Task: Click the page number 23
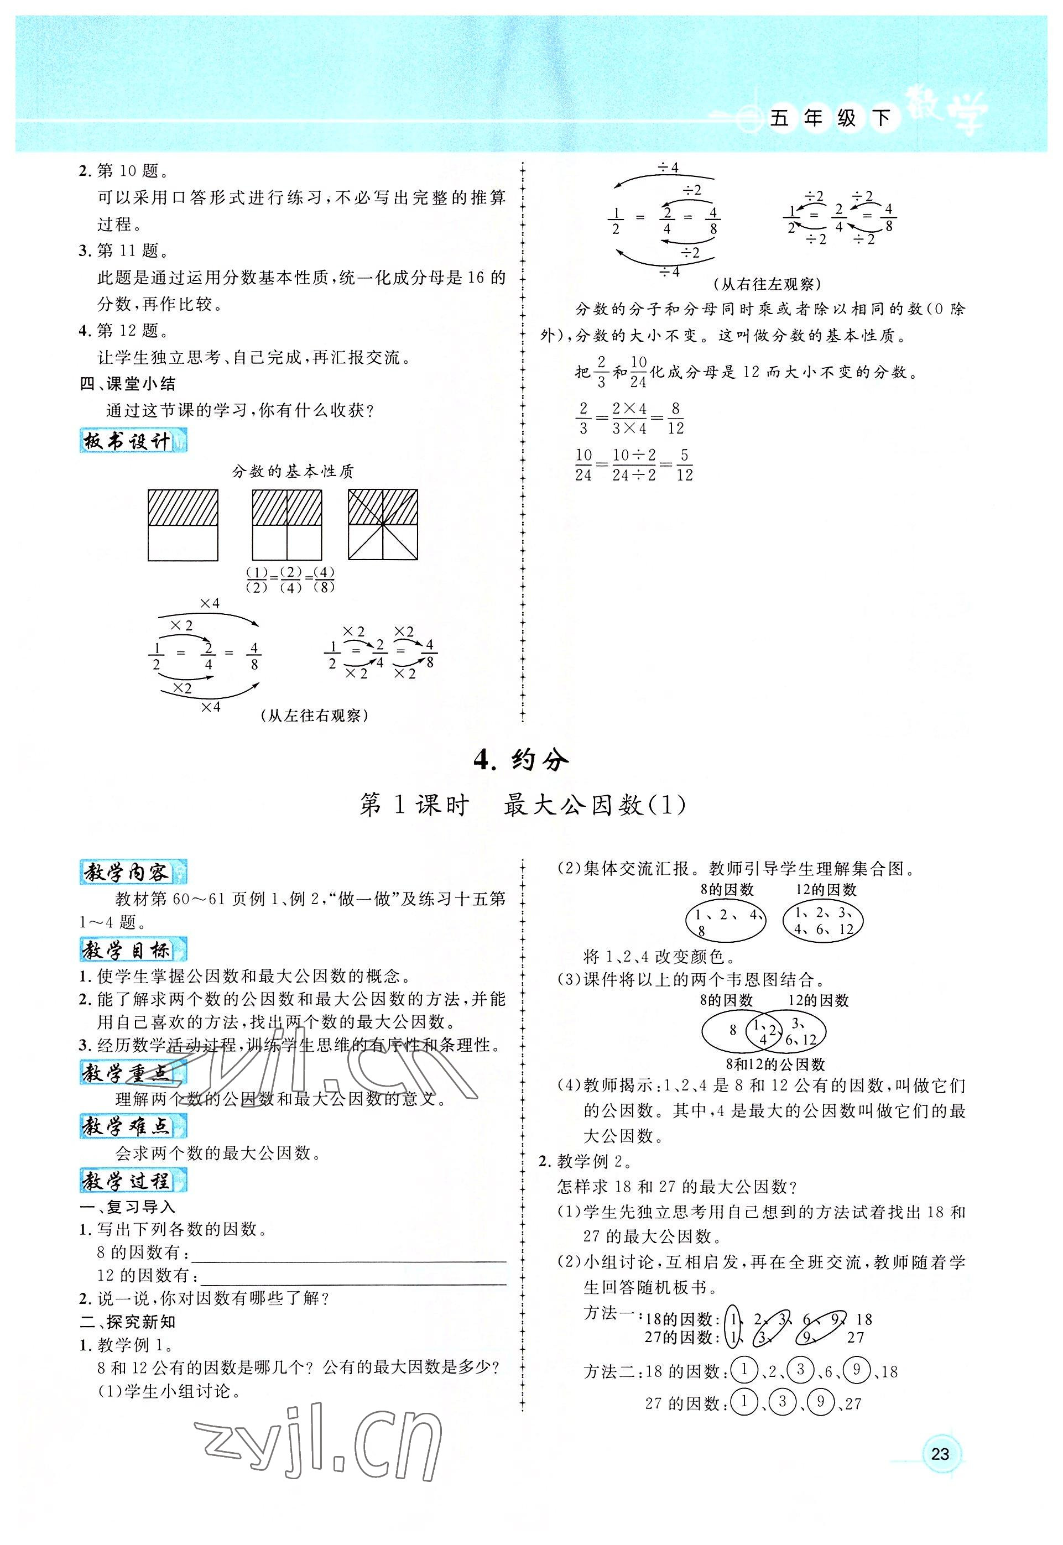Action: tap(939, 1453)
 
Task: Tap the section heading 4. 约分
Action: tap(522, 760)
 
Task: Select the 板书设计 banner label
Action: tap(133, 441)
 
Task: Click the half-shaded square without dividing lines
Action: tap(183, 525)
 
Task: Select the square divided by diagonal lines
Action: tap(383, 525)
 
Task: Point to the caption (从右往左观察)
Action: tap(767, 284)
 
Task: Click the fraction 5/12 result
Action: tap(684, 465)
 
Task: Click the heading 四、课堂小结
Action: tap(127, 384)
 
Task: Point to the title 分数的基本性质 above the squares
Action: tap(293, 472)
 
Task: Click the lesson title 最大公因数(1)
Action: tap(595, 805)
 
